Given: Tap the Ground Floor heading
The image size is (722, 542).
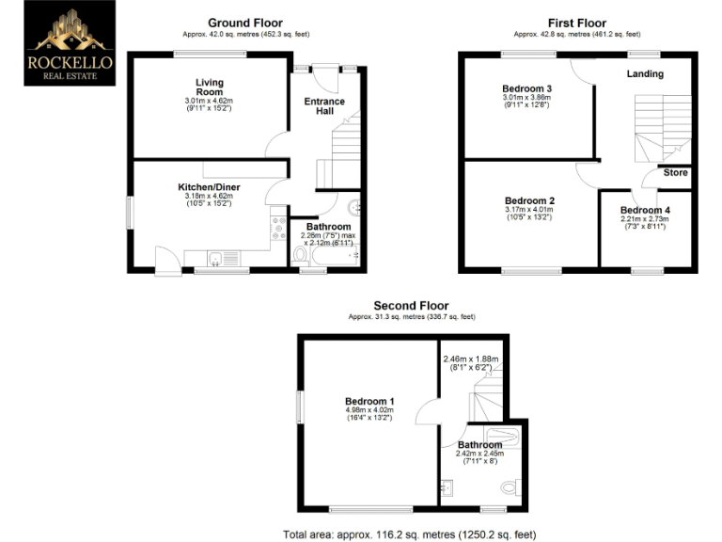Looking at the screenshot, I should coord(244,24).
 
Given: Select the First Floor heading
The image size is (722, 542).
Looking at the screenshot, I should coord(577,24).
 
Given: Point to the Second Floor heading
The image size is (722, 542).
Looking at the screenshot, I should coord(411,306).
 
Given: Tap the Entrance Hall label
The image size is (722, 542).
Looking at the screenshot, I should coord(323,106).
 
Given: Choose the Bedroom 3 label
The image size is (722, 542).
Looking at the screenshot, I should coord(526,88).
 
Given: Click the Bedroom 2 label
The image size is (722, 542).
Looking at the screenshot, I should coord(529,200).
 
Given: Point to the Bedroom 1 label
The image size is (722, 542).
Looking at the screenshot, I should coord(369,402).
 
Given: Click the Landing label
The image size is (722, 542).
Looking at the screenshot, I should coord(645,73).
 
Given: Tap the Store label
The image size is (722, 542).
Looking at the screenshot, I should coord(675,173).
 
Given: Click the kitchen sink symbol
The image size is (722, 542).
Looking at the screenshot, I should coord(219,258).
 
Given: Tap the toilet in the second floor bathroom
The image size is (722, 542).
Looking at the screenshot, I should coord(510,487).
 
